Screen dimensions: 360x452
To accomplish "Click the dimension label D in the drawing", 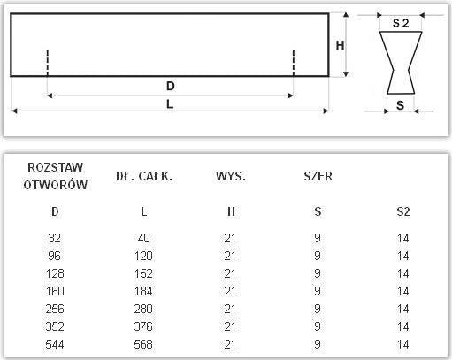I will click(x=170, y=86).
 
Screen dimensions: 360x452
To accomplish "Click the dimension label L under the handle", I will click(x=170, y=103).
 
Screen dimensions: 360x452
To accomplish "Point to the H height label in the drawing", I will click(x=340, y=45).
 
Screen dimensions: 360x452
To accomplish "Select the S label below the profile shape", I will click(x=400, y=105).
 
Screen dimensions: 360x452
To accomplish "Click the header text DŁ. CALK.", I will click(x=144, y=176).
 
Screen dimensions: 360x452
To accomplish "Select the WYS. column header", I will click(x=231, y=176).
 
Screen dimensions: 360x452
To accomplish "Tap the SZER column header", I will click(x=318, y=176).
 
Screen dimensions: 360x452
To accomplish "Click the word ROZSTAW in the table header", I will click(x=56, y=167).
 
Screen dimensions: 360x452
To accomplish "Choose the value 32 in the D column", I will click(x=56, y=238).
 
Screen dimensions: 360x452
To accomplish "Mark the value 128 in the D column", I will click(x=56, y=272).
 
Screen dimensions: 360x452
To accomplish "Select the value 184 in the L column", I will click(x=144, y=290).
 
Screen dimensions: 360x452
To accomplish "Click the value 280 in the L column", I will click(x=144, y=308).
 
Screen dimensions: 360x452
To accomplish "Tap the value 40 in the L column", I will click(x=144, y=238).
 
